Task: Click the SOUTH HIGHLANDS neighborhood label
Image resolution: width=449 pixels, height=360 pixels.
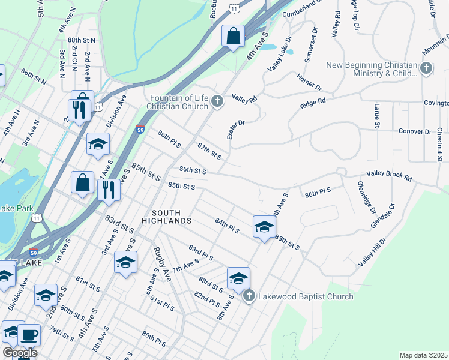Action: pos(171,217)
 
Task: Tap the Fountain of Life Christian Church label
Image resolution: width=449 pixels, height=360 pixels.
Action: pos(178,102)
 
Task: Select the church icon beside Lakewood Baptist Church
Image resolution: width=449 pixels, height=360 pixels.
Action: pos(249,296)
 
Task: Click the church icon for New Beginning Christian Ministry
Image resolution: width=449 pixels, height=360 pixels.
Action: pos(426,68)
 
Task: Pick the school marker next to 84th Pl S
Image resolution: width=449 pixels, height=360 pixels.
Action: pos(264,227)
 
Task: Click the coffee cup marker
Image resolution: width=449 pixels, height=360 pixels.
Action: pos(29,335)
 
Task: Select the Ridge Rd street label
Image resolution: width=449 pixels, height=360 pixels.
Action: pos(313,103)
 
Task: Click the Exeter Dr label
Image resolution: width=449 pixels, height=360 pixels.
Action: pos(237,130)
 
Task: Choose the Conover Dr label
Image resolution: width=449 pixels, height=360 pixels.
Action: pos(415,131)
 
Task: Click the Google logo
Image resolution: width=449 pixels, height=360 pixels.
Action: pos(19,353)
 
